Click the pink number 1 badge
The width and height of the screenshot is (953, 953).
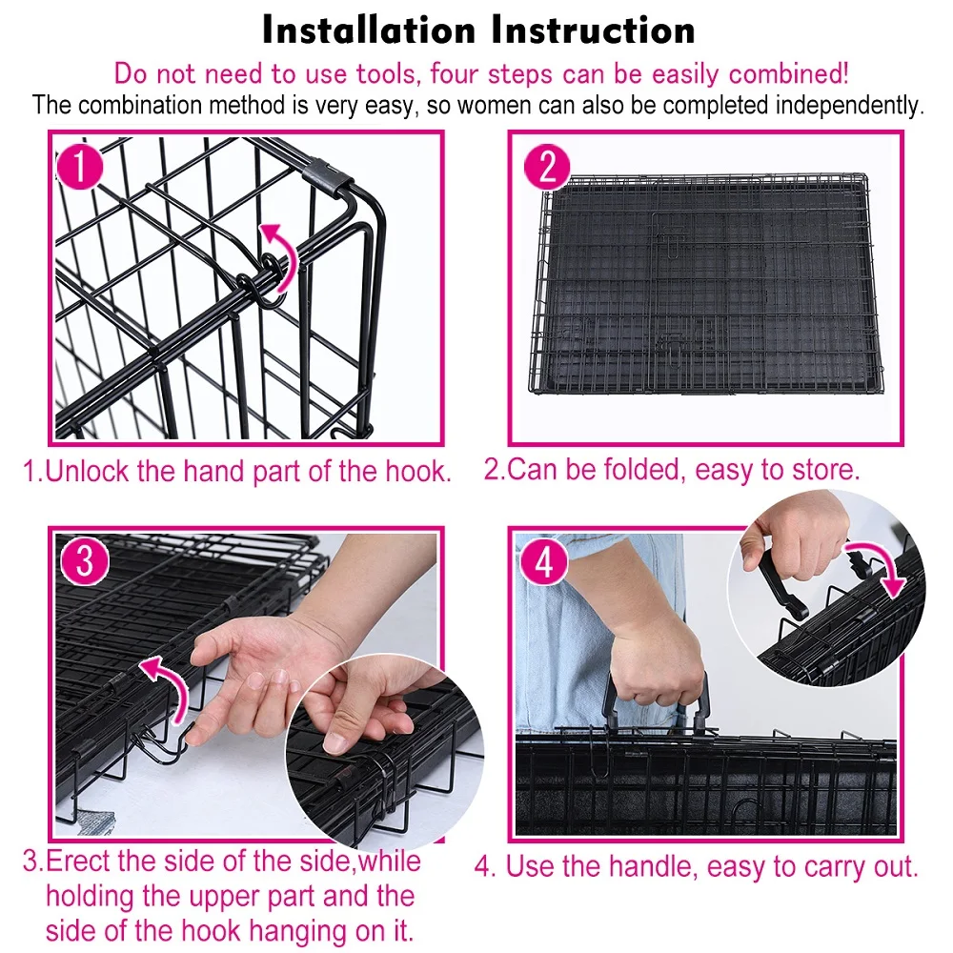click(x=80, y=166)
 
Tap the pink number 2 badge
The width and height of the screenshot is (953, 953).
click(x=546, y=166)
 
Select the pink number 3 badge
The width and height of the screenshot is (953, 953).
click(x=85, y=560)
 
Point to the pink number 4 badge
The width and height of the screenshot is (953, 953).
click(x=544, y=560)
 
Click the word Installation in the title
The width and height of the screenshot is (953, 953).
click(x=369, y=30)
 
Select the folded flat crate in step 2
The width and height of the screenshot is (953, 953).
click(x=706, y=284)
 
